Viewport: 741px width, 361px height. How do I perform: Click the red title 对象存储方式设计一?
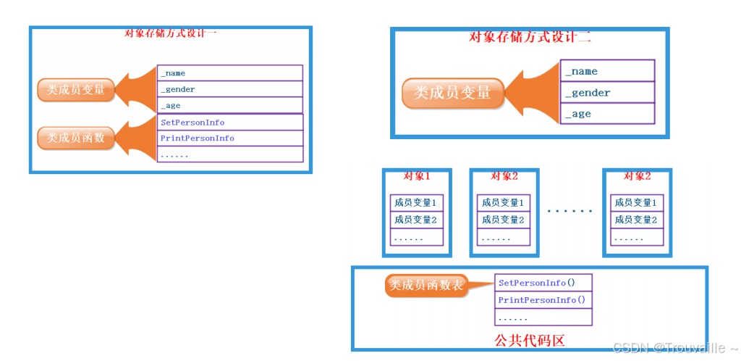click(x=171, y=33)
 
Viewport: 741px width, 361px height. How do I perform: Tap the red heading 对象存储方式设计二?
click(x=530, y=38)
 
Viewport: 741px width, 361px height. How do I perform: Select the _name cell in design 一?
click(x=229, y=73)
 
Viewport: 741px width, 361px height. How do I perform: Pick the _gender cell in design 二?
click(x=607, y=93)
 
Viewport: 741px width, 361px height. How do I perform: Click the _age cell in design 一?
click(x=229, y=106)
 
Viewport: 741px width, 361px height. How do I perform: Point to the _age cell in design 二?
click(x=607, y=114)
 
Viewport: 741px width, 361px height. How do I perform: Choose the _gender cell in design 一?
click(x=229, y=89)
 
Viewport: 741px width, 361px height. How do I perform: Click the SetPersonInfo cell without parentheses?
click(x=229, y=123)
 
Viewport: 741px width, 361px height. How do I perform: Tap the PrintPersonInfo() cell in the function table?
click(x=543, y=300)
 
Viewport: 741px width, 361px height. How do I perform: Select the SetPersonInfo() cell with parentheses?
click(x=543, y=283)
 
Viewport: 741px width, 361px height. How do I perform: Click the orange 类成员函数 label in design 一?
click(x=76, y=138)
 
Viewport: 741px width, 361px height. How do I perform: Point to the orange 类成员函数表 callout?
click(x=426, y=286)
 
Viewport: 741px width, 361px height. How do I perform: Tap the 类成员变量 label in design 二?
click(x=452, y=93)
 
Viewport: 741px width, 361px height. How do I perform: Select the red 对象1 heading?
click(x=416, y=176)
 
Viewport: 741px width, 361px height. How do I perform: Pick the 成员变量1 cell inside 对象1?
click(x=416, y=203)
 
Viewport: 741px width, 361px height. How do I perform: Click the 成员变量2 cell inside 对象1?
click(x=416, y=220)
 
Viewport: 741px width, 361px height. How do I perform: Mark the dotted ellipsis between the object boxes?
click(x=569, y=211)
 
